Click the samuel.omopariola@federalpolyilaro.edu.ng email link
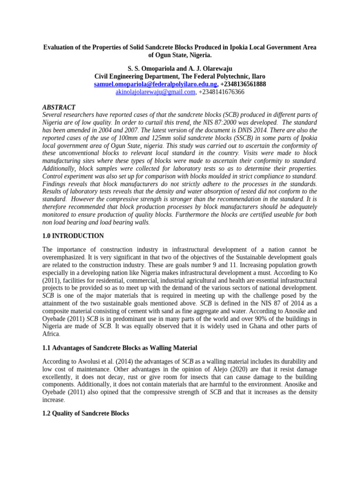click(155, 84)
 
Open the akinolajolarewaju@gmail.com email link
click(155, 92)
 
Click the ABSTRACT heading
click(59, 107)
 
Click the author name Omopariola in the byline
click(165, 68)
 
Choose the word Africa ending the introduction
click(51, 334)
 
